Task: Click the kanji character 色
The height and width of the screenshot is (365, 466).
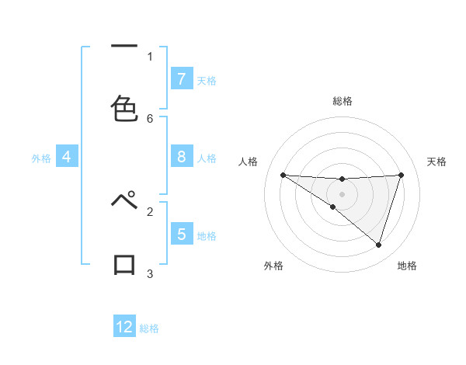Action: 124,109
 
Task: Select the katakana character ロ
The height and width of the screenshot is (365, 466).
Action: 124,265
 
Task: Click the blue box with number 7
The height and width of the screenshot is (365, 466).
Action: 181,79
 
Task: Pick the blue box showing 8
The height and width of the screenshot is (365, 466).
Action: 181,157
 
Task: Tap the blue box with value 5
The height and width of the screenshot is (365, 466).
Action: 181,234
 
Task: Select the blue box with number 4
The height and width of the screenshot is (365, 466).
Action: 67,157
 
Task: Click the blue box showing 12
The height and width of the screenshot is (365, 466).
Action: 124,327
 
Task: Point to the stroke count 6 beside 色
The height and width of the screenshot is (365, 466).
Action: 150,118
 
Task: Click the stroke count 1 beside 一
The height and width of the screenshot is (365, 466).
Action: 150,56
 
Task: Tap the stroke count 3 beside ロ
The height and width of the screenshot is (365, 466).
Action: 150,273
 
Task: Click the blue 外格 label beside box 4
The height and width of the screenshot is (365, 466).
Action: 41,158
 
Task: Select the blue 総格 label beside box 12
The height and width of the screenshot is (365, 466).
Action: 149,328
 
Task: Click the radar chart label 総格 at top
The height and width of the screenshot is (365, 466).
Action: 342,102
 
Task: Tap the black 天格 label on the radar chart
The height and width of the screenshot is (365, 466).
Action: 436,162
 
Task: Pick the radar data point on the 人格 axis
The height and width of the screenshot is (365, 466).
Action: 283,175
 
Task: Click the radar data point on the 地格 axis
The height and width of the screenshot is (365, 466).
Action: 378,245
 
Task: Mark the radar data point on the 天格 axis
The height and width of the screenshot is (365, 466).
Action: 401,175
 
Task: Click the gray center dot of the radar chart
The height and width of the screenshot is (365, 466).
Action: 342,193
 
